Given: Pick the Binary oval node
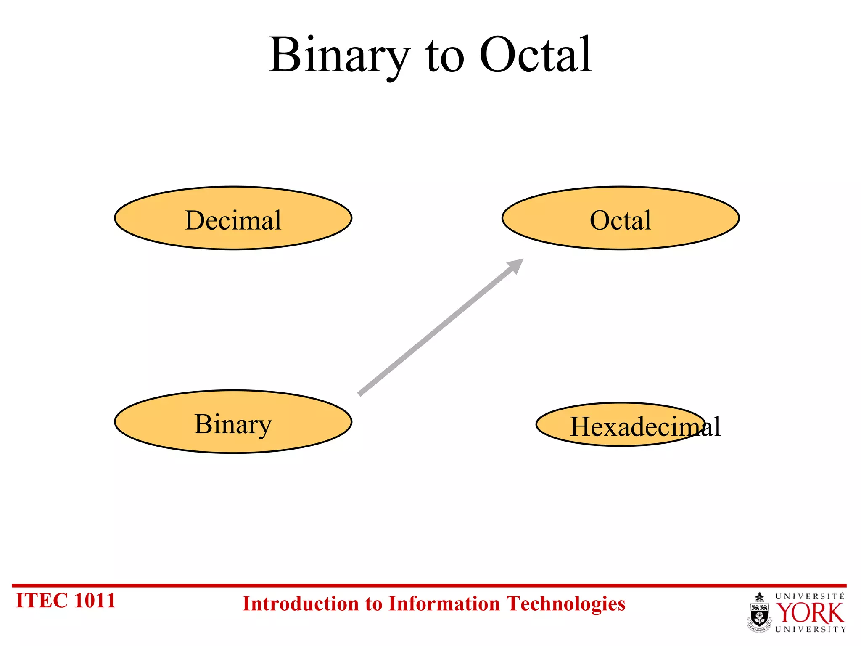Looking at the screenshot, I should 233,422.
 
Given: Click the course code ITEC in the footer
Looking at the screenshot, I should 41,601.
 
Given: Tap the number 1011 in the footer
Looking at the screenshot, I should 95,601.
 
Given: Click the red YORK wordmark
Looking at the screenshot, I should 810,614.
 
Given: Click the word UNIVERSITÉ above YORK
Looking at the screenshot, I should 810,596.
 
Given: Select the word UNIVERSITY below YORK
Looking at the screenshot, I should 810,630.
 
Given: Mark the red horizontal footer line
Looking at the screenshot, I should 429,585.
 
